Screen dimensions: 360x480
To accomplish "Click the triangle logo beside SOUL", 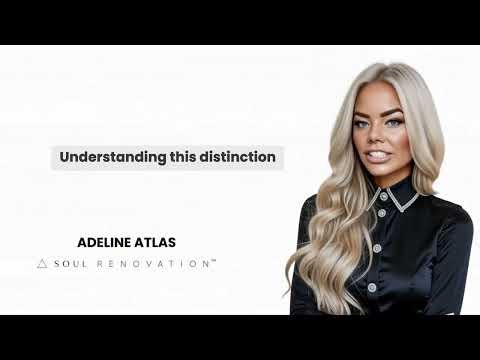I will click(42, 263).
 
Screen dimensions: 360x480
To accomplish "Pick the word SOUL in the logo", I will click(69, 263).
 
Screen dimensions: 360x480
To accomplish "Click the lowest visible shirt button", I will click(372, 287).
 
